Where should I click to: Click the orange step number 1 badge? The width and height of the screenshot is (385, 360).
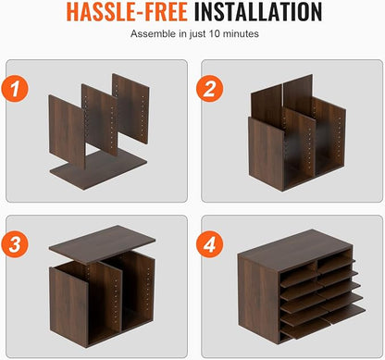click(x=15, y=89)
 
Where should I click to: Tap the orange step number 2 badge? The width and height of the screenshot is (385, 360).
click(x=210, y=89)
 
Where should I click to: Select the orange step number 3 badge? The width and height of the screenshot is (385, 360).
click(x=15, y=244)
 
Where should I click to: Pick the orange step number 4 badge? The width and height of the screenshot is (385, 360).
click(x=210, y=244)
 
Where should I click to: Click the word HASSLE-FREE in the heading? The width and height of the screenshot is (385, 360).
click(x=127, y=12)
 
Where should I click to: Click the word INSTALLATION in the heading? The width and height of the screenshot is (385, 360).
click(x=258, y=12)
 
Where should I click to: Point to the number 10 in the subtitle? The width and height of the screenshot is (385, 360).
click(x=215, y=33)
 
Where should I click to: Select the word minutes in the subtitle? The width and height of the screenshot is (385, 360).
click(x=241, y=33)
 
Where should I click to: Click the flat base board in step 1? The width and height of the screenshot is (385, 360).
click(x=99, y=170)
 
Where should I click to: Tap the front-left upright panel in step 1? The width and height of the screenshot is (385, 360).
click(x=67, y=131)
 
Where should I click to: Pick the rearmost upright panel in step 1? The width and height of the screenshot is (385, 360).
click(x=130, y=108)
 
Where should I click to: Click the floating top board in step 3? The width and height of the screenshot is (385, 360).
click(x=102, y=244)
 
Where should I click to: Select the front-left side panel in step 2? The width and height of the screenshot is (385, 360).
click(x=266, y=153)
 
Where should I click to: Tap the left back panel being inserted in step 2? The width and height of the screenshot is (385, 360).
click(x=267, y=104)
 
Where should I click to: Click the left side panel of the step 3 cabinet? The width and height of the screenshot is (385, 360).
click(x=68, y=306)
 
